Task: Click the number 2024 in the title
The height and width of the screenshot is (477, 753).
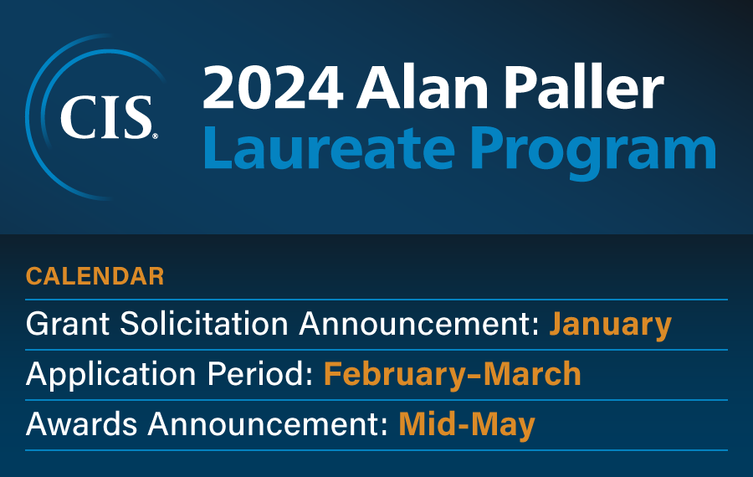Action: pos(273,88)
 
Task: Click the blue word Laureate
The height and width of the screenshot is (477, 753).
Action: pos(330,147)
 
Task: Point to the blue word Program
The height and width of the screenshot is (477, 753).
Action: pos(593,153)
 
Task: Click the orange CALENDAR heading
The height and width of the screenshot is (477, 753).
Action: pos(95,276)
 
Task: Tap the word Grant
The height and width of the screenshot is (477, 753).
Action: pos(68,323)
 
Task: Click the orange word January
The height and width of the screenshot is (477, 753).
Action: pos(611,325)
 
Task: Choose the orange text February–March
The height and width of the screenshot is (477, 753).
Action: pos(453,374)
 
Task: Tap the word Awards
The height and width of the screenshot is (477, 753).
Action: pos(81,424)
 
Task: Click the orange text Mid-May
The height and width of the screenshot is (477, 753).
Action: pos(467,426)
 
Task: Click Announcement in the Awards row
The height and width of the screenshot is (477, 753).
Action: pos(268,424)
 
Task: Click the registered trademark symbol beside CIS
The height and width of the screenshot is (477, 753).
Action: pos(155,136)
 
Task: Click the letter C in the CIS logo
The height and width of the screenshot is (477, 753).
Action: pos(79,118)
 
